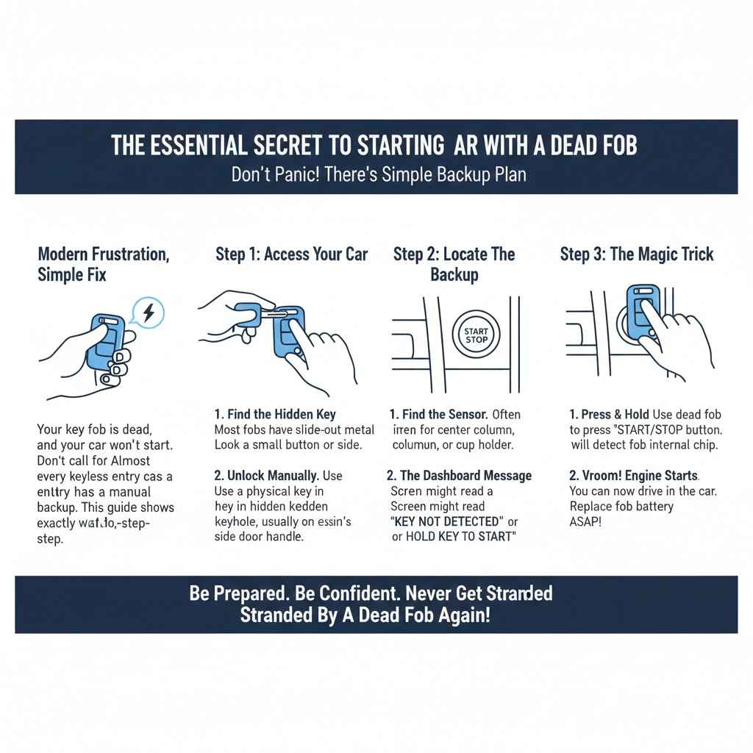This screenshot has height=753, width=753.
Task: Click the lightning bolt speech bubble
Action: (149, 313)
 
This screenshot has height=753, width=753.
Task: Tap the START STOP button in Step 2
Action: (476, 335)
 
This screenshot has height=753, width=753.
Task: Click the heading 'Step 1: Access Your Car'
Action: (291, 254)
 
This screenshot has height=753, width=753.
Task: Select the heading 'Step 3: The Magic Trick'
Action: (637, 254)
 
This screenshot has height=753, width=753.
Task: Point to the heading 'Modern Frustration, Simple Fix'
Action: (103, 264)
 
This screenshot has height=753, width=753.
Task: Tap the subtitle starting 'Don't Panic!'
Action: (378, 176)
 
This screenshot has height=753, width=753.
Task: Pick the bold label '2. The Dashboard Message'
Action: (459, 476)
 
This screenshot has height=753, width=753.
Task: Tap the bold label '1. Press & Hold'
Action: (609, 415)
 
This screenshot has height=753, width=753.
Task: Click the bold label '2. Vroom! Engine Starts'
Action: (635, 476)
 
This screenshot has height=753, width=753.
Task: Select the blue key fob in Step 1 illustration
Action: (288, 331)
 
